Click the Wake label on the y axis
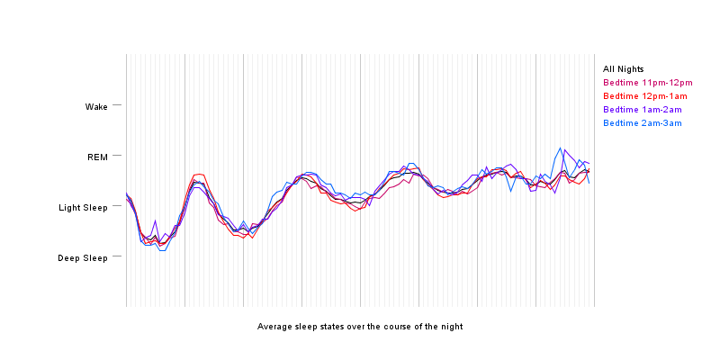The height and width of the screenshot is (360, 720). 96,107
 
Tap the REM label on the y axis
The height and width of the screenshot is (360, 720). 97,157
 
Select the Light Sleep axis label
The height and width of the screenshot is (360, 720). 83,208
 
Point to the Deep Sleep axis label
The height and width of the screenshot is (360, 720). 83,258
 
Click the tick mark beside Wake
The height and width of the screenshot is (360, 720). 117,106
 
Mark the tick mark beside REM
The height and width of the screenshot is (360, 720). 117,157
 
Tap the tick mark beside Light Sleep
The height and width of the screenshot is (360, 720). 117,207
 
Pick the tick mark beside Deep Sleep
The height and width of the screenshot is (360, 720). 117,257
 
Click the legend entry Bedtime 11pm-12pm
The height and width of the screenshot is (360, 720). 645,83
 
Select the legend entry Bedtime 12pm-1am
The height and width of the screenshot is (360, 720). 645,96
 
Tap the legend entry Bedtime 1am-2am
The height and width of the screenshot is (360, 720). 643,110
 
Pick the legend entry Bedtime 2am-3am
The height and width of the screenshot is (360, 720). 643,123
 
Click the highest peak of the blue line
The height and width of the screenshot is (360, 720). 561,148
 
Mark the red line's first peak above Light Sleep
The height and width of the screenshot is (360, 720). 198,174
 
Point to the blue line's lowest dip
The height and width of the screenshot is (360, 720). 162,250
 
